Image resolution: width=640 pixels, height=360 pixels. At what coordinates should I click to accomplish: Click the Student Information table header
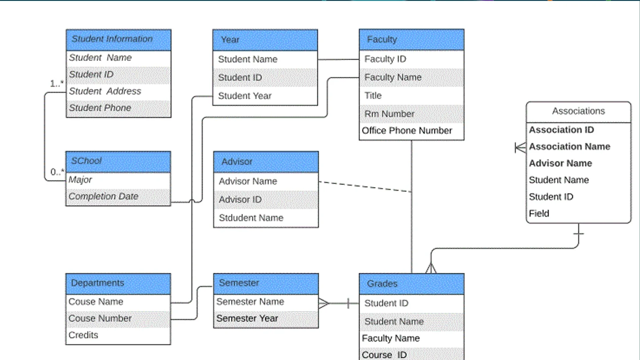click(119, 40)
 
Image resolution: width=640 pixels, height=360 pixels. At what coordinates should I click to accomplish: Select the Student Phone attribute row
click(119, 108)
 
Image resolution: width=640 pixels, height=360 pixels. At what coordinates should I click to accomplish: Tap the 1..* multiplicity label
click(57, 84)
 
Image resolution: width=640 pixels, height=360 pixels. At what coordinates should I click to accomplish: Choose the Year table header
click(265, 40)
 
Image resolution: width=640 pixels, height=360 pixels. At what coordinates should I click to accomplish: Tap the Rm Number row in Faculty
click(412, 114)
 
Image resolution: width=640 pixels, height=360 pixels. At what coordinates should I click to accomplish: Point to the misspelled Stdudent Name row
click(266, 218)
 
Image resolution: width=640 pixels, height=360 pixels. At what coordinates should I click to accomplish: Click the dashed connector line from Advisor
click(365, 187)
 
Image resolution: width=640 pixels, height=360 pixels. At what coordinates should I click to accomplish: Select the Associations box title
click(579, 111)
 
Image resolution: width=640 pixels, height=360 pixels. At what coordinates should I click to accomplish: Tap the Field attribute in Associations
click(539, 214)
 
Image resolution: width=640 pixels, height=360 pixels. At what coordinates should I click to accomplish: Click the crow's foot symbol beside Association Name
click(520, 148)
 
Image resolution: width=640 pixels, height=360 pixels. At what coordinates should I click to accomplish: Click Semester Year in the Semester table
click(247, 319)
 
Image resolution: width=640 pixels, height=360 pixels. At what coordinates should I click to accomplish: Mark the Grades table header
click(412, 284)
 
